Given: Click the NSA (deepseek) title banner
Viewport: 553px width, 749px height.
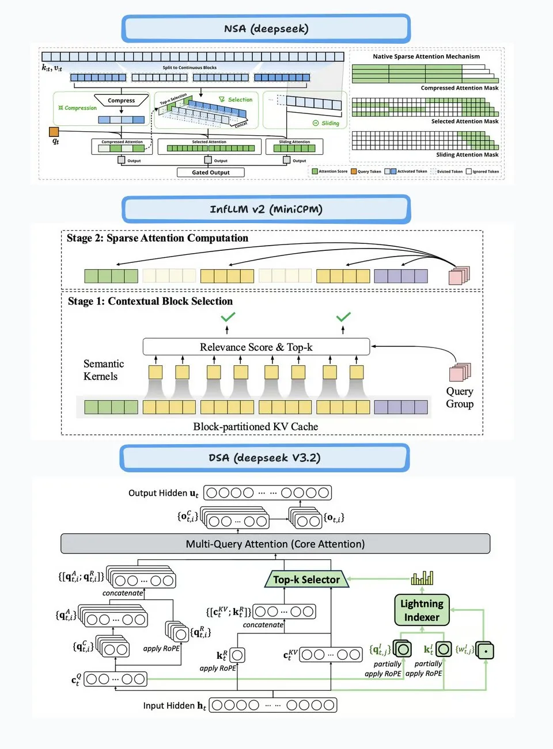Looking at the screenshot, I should click(266, 29).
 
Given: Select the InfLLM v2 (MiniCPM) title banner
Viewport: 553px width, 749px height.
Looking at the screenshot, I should click(266, 209).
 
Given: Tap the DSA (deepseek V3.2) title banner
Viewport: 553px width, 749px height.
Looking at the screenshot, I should click(264, 458).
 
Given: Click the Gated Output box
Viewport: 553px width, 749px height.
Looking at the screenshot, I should click(210, 172).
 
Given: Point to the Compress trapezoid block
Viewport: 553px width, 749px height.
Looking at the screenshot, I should click(121, 101).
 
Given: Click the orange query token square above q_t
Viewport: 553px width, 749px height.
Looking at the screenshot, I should click(54, 132).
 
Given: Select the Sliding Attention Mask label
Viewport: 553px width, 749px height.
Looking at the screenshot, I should click(467, 155).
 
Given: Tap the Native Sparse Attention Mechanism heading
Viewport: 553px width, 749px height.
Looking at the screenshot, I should click(426, 56).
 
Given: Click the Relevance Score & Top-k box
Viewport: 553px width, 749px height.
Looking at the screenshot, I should click(256, 347).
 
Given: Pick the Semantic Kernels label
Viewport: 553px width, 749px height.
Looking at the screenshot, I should click(103, 370).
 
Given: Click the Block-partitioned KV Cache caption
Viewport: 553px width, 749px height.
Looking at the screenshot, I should click(255, 427).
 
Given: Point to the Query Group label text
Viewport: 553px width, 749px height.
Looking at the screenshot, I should click(459, 398).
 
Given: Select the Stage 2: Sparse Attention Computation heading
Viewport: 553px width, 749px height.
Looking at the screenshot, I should click(157, 238).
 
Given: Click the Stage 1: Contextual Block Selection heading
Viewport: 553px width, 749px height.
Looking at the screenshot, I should click(150, 301).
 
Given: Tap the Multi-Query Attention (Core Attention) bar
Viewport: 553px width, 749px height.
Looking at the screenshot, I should click(275, 544).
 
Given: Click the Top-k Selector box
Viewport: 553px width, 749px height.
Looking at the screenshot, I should click(306, 579).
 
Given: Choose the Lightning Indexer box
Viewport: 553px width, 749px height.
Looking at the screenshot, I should click(422, 610).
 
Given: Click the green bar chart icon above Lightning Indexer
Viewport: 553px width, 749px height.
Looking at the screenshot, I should click(422, 578).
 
